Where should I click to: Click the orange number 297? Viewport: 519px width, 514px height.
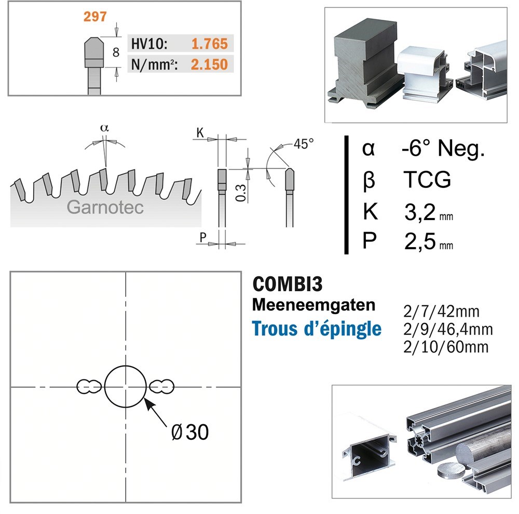click(95, 17)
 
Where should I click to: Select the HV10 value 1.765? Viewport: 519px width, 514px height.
click(210, 44)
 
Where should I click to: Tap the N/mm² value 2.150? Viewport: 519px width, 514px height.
click(209, 64)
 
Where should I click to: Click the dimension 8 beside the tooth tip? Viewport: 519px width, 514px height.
click(116, 52)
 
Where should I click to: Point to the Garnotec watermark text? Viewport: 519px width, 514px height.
click(105, 207)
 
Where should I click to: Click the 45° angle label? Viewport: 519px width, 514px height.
click(304, 144)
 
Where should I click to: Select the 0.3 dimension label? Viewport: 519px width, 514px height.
click(241, 193)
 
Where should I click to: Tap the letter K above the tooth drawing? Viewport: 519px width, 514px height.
click(200, 133)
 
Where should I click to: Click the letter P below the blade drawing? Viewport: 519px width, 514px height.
click(203, 237)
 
